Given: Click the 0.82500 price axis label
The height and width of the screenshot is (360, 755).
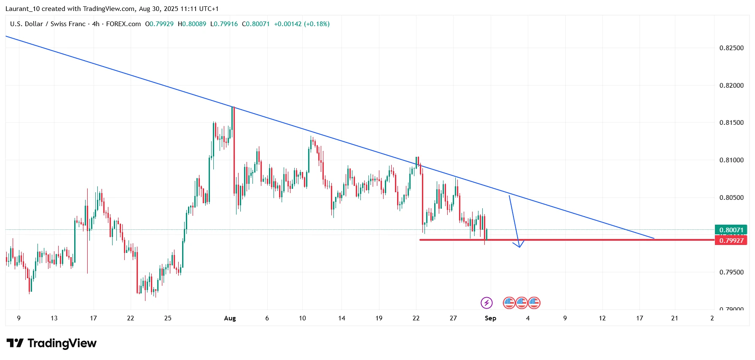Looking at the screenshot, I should pos(731,48).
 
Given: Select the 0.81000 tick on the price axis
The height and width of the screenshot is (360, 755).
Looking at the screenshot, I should pos(731,160).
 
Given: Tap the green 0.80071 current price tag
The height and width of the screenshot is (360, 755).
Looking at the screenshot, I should pos(731,230).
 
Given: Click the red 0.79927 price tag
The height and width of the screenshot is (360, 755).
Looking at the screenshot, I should pos(731,240).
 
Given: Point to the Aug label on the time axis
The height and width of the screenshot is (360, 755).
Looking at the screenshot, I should pos(230,318).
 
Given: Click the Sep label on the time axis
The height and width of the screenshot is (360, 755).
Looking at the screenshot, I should pos(490,318).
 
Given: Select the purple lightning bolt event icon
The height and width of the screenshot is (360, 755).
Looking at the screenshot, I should pos(486,303).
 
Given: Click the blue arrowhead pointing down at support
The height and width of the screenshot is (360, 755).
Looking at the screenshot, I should pos(520,245).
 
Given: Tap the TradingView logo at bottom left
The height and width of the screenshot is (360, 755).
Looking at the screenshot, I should pos(51,344).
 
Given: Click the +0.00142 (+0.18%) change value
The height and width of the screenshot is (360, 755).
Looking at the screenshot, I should pos(302,24).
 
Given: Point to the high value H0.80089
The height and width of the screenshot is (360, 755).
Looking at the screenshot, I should pos(192,24).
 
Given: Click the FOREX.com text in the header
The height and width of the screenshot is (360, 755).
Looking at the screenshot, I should pos(124,24).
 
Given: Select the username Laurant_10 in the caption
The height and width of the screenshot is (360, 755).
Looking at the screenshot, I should pos(22,9).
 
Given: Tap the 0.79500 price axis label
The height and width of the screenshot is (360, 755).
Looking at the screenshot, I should pos(731,272).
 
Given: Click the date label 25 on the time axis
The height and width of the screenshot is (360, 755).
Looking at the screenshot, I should pos(168,318).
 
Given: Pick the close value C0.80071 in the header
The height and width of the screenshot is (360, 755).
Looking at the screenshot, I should pos(255,24).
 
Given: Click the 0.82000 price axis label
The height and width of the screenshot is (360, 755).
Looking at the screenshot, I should pos(731,86).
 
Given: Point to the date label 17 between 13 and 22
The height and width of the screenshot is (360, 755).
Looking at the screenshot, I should pos(93,318).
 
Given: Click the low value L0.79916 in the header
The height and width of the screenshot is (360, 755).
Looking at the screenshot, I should pos(224,24).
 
